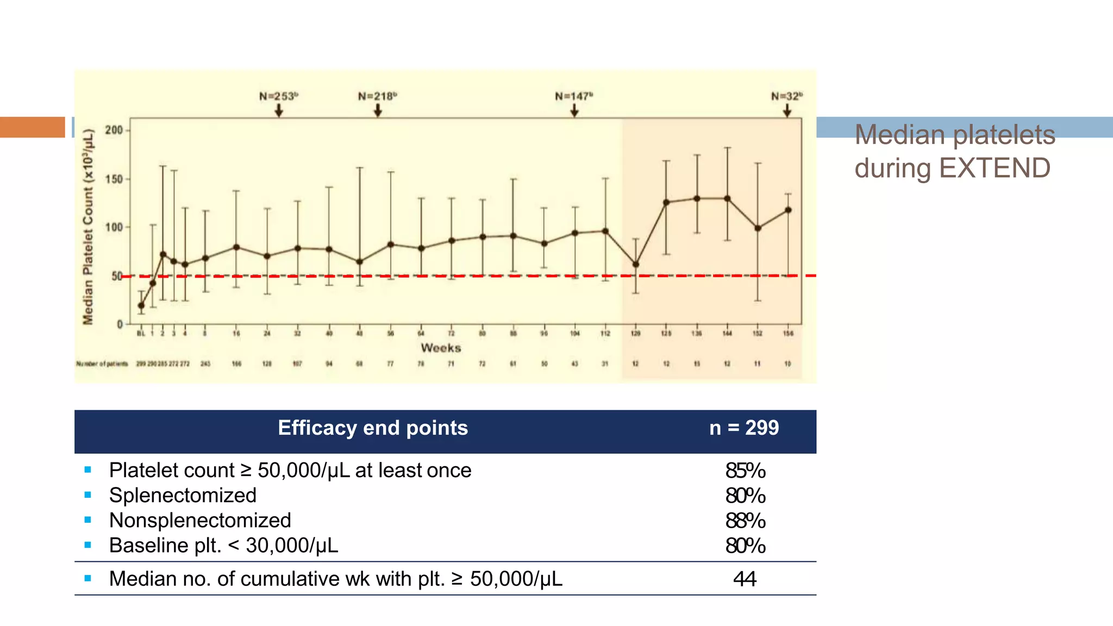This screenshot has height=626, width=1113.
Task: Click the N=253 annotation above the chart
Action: [278, 96]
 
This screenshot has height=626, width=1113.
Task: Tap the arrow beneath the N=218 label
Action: [378, 110]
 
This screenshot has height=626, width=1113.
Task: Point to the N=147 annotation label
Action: [573, 96]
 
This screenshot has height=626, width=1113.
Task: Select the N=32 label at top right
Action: [786, 96]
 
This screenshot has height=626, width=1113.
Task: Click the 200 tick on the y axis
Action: [114, 130]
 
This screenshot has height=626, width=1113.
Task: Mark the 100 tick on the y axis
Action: [114, 227]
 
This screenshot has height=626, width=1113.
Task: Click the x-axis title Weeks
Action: [441, 348]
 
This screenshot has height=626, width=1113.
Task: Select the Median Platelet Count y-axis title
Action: [88, 227]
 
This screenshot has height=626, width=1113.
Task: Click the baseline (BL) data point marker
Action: [141, 305]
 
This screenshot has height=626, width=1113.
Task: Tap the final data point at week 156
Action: [788, 210]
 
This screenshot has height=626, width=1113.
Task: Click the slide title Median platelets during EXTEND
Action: [954, 151]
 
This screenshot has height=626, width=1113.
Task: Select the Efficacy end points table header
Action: [373, 428]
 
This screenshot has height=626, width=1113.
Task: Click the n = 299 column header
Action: [744, 428]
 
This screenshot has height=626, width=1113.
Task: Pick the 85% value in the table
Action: [745, 471]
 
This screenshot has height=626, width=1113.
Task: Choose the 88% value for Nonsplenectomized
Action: [745, 521]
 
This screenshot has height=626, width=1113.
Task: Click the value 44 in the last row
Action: [745, 579]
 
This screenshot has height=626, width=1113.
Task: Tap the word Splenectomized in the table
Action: [183, 496]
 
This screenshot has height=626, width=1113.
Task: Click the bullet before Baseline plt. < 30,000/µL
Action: [88, 545]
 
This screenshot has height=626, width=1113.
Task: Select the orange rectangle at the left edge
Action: [32, 127]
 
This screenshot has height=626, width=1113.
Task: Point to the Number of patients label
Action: [102, 364]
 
